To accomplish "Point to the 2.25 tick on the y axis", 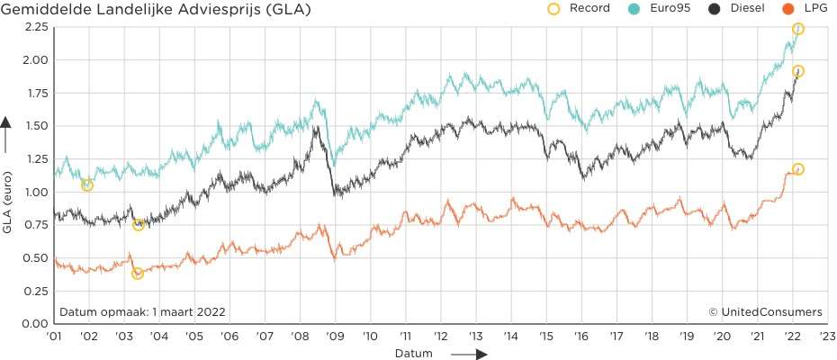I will (x=33, y=27).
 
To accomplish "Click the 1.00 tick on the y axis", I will (x=33, y=192).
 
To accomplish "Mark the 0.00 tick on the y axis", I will (x=33, y=323).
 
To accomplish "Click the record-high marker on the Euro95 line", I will (x=797, y=30).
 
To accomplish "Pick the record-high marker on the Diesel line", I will (x=797, y=71).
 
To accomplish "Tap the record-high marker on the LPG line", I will (x=797, y=169).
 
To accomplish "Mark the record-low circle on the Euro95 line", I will (x=87, y=185).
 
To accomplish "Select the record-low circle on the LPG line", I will (x=138, y=274).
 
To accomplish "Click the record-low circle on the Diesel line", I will (x=139, y=225).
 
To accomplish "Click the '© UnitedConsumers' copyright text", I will (x=765, y=311).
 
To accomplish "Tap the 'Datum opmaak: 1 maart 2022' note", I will (x=142, y=311).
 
